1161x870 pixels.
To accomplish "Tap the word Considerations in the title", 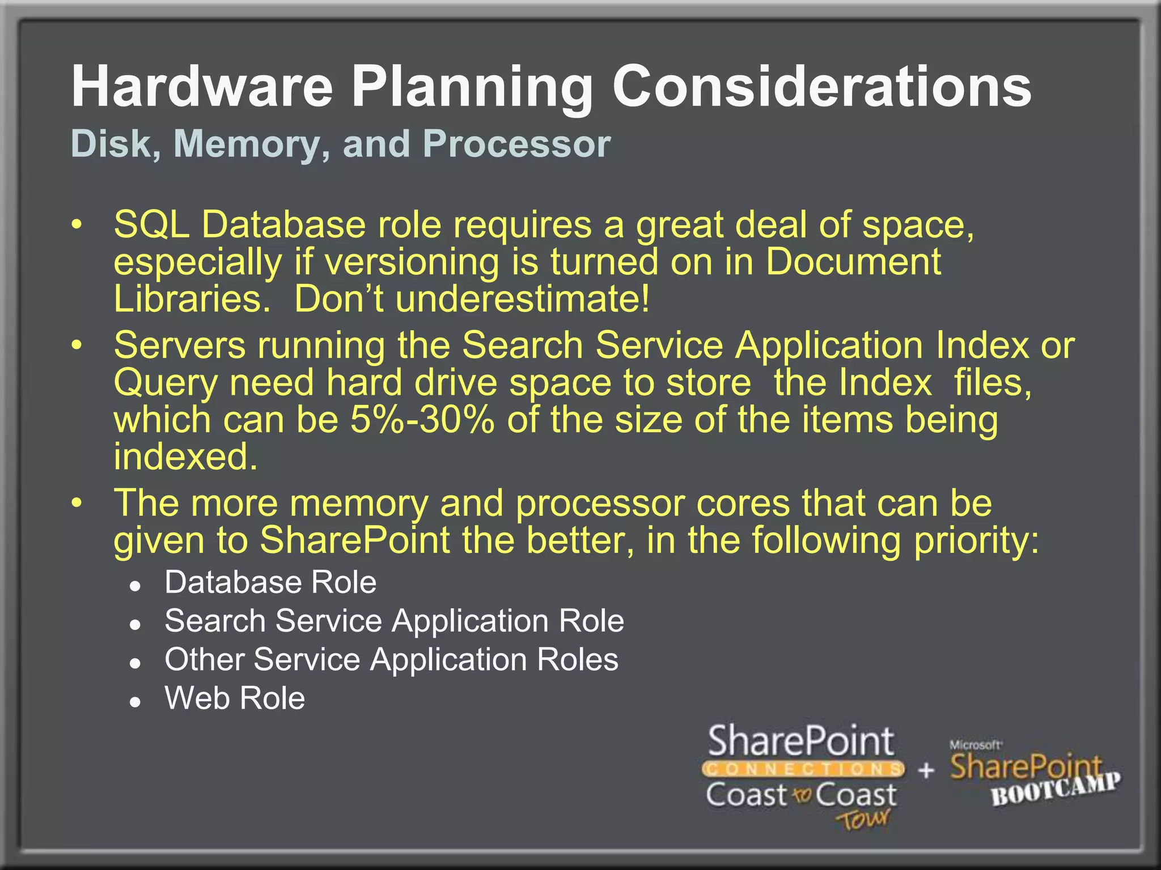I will click(821, 86).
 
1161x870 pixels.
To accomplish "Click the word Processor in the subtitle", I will click(516, 144).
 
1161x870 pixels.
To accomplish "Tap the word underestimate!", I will click(522, 298).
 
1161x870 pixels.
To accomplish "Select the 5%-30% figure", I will click(422, 420).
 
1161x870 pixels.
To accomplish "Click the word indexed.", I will click(185, 457).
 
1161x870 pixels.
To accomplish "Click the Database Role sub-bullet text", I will click(270, 582).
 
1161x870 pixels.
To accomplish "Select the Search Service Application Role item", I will click(394, 621).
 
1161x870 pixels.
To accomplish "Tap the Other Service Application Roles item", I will click(391, 659).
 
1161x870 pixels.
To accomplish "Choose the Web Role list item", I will click(235, 698).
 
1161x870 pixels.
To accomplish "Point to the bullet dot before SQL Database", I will click(77, 225).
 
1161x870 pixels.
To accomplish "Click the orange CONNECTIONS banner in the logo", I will click(803, 769).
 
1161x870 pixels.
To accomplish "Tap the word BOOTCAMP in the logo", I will click(1056, 789).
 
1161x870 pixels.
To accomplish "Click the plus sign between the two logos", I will click(926, 770).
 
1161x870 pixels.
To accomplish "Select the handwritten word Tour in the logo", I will click(863, 820).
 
